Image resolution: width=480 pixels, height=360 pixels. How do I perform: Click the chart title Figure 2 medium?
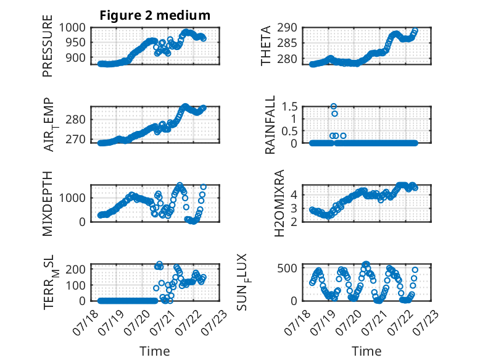(x=155, y=15)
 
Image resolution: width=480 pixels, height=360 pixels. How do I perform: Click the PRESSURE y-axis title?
(x=48, y=46)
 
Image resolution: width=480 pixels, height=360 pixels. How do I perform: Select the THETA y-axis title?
(x=266, y=46)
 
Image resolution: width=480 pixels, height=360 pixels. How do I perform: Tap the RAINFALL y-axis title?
(x=270, y=125)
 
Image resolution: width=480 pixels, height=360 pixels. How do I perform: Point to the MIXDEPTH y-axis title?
(x=48, y=204)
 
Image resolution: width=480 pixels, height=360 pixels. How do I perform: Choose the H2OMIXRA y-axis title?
(x=279, y=203)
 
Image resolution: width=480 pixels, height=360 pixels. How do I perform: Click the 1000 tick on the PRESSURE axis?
(x=72, y=28)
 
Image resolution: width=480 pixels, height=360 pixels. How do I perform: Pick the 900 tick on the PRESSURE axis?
(x=76, y=57)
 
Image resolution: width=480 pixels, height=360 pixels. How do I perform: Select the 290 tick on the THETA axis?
(x=287, y=28)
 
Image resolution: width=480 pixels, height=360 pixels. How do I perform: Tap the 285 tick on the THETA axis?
(x=287, y=43)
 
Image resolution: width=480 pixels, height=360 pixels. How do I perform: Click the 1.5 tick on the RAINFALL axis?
(x=289, y=107)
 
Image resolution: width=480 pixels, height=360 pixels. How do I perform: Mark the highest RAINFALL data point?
(x=334, y=106)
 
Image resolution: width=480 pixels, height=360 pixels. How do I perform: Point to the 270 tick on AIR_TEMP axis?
(x=76, y=140)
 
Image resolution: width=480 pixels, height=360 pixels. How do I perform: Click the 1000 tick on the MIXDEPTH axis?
(x=72, y=198)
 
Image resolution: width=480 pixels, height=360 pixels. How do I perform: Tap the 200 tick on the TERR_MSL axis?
(x=76, y=269)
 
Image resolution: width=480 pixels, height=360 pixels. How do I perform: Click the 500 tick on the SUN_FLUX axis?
(x=287, y=269)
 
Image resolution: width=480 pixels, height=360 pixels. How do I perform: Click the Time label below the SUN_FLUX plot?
(x=366, y=351)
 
